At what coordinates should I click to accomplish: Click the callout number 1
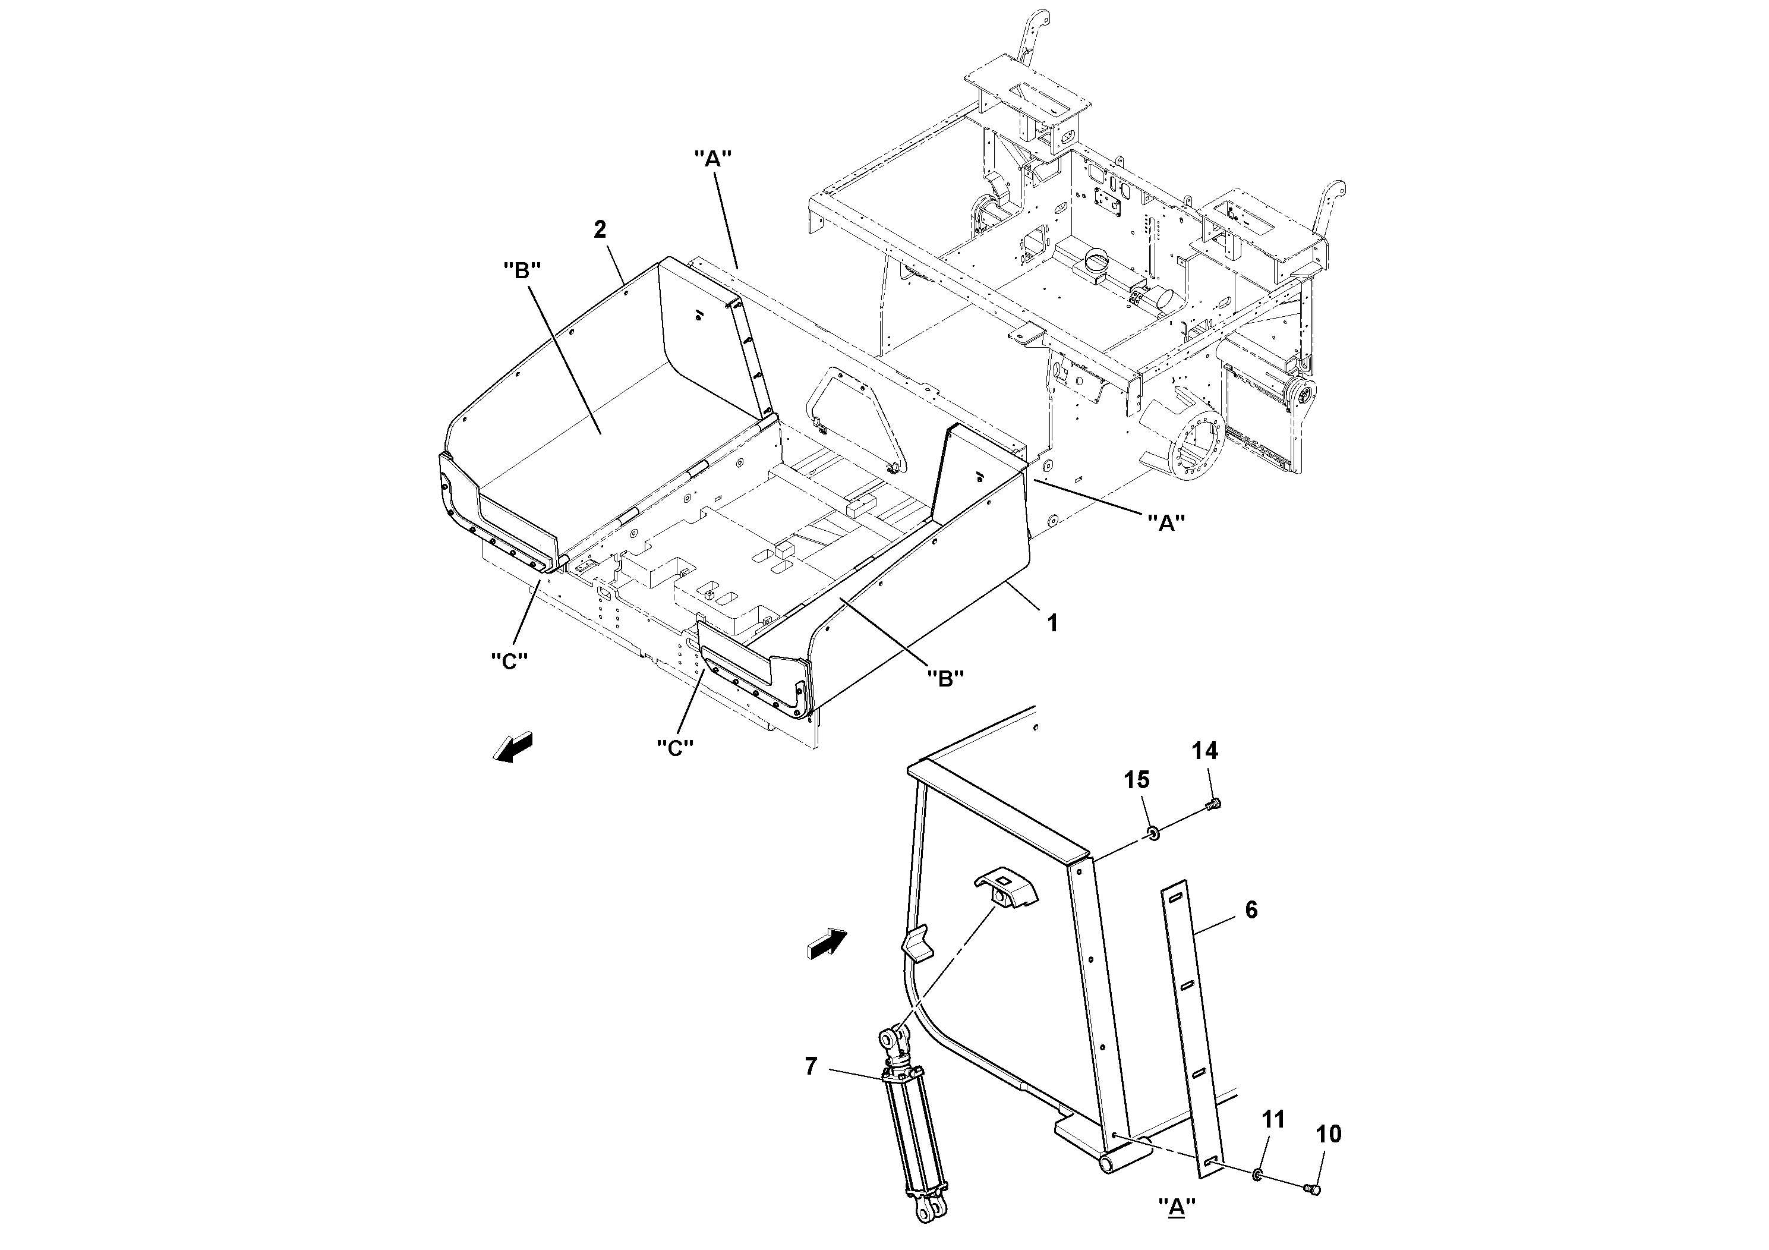click(x=1052, y=622)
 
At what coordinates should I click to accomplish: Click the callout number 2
click(x=600, y=229)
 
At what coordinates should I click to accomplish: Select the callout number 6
click(x=1251, y=910)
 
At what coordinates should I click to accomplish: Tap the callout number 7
click(x=811, y=1066)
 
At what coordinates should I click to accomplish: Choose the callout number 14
click(x=1206, y=750)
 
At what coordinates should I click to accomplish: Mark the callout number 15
click(x=1136, y=780)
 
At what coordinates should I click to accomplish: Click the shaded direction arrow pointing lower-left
click(x=513, y=747)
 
